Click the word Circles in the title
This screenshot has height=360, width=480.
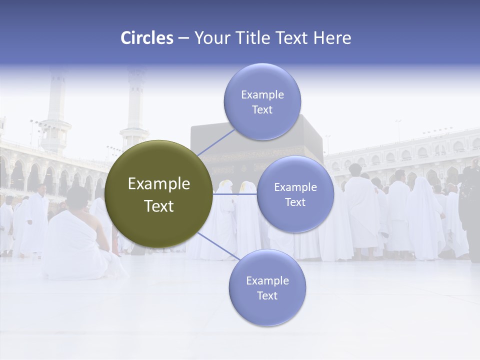pos(146,38)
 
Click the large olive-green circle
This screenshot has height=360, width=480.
pos(158,194)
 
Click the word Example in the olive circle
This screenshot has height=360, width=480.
pos(158,184)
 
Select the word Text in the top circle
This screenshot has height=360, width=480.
pos(262,110)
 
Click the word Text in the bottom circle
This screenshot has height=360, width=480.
pos(267,295)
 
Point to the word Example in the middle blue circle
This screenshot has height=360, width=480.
pos(295,187)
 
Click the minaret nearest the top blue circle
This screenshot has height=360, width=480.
pos(135,110)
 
